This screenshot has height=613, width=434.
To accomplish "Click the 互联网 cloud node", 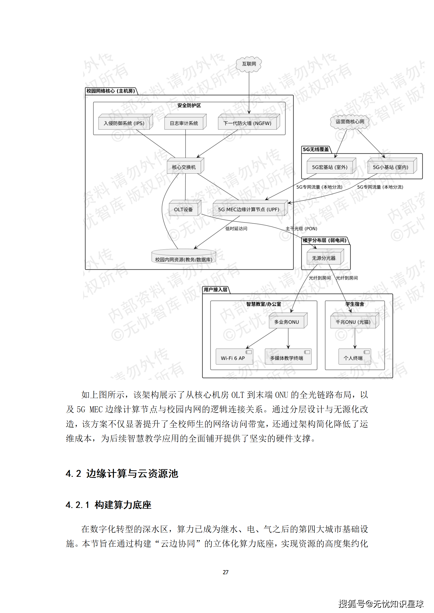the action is click(249, 64).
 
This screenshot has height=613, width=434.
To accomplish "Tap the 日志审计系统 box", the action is click(184, 123).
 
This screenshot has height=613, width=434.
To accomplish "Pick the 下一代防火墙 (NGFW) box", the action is click(247, 123).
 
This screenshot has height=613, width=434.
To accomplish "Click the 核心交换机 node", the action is click(184, 167).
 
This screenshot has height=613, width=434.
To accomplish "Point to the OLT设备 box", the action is click(183, 209).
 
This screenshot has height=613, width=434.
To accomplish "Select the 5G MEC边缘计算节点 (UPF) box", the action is click(249, 209).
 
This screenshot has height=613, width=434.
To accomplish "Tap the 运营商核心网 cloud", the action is click(350, 122).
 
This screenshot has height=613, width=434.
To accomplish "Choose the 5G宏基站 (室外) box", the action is click(330, 167).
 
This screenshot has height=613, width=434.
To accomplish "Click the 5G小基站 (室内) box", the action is click(391, 167).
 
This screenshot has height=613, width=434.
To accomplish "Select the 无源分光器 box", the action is click(324, 258).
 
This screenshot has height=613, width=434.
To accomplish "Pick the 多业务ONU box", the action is click(287, 322).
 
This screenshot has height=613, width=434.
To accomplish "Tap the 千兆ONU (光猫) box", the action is click(353, 322).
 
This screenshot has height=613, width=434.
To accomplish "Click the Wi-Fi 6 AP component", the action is click(233, 358).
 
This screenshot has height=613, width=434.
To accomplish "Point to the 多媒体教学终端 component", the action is click(287, 358).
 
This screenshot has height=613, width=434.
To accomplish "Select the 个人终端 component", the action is click(353, 358).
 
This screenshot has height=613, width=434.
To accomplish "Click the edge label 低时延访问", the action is click(236, 229).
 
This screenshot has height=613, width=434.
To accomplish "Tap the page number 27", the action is click(226, 572).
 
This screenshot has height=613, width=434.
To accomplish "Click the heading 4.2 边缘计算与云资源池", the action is click(122, 473).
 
